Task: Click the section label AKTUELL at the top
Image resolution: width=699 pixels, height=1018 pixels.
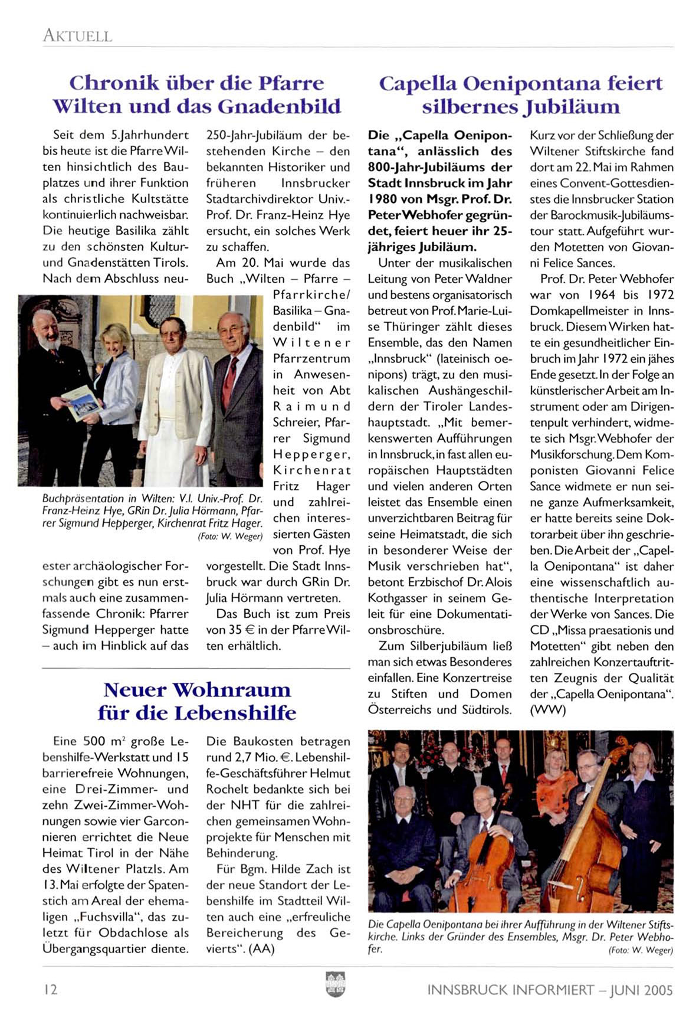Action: (77, 36)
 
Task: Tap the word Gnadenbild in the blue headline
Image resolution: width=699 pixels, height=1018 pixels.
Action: (279, 107)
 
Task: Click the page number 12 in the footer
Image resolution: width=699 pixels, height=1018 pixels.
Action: (51, 989)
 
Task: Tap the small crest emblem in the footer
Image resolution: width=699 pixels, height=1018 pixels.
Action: (335, 984)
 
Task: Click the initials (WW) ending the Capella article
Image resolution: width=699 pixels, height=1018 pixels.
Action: (547, 710)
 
